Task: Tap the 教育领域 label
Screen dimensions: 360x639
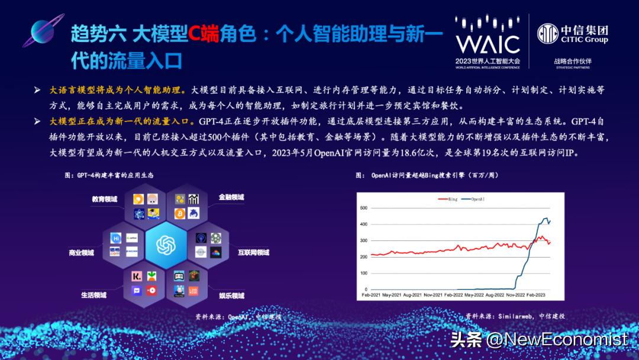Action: pyautogui.click(x=104, y=200)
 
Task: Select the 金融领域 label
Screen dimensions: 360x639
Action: pyautogui.click(x=231, y=197)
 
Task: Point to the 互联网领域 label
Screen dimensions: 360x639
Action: pyautogui.click(x=253, y=252)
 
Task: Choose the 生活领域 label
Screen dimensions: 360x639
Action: pyautogui.click(x=93, y=294)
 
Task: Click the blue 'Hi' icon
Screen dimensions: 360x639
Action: pyautogui.click(x=117, y=237)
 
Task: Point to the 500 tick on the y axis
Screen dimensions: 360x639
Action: pyautogui.click(x=364, y=208)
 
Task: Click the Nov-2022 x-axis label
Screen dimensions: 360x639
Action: pyautogui.click(x=508, y=294)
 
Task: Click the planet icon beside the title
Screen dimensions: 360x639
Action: pyautogui.click(x=43, y=34)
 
